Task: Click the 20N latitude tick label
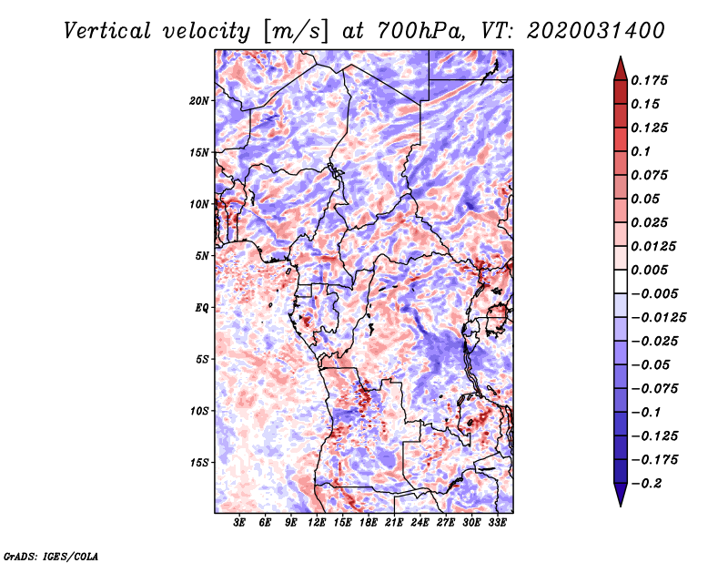pos(199,100)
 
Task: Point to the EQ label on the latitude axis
pos(202,308)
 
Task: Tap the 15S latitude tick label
pos(199,463)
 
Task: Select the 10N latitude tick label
pos(199,204)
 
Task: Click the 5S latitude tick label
pos(202,359)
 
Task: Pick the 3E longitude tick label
pos(240,523)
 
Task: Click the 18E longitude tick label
pos(369,523)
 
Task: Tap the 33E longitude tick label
pos(497,523)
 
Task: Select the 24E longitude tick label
pos(420,523)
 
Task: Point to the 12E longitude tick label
pos(317,523)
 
